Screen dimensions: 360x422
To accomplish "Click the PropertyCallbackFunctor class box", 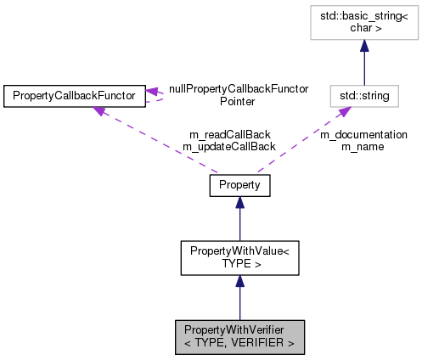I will coord(74,96).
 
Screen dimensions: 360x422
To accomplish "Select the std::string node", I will coord(372,96).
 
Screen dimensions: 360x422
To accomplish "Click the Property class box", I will coord(239,184).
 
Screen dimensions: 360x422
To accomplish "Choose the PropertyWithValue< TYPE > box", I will coord(239,257).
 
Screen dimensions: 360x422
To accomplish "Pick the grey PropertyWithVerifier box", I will coord(239,337).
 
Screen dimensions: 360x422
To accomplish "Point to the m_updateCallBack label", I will coord(228,146).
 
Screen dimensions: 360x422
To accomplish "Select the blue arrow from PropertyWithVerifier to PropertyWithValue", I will coord(239,297).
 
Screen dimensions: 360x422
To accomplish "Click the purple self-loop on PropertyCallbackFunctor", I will coord(161,96).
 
